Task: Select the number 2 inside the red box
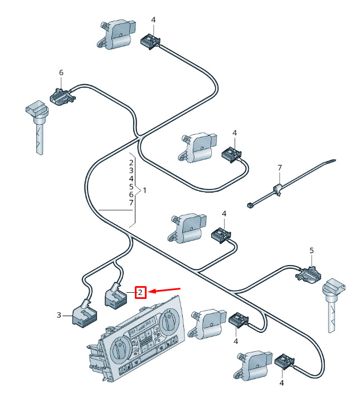tap(140, 292)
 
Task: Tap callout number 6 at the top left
tap(61, 73)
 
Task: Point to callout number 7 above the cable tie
tap(280, 168)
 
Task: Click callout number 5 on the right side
tap(312, 250)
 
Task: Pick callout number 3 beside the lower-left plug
tap(59, 316)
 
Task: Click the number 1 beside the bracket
tap(144, 190)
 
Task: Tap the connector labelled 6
tap(61, 96)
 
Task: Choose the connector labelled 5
tap(308, 273)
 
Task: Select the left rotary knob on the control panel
tap(119, 349)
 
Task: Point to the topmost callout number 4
tap(153, 20)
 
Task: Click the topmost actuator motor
tap(116, 34)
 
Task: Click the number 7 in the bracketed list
tap(131, 203)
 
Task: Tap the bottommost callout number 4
tap(281, 383)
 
